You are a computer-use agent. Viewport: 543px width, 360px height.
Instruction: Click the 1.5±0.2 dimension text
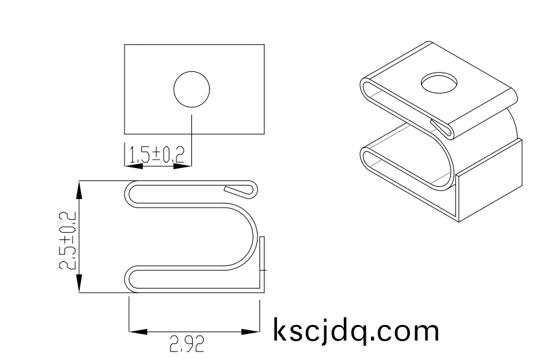point(156,154)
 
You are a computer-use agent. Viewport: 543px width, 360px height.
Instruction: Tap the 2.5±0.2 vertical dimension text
point(67,241)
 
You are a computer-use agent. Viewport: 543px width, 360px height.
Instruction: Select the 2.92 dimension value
point(187,344)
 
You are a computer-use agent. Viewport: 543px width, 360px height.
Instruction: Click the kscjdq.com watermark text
point(356,331)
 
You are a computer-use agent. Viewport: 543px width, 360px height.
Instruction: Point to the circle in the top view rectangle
point(191,71)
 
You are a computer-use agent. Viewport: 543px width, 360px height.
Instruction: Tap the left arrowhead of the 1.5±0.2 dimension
point(134,166)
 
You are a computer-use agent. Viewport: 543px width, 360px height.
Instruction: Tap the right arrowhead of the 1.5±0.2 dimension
point(182,166)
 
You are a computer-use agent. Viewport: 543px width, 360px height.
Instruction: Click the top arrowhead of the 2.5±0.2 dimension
point(79,190)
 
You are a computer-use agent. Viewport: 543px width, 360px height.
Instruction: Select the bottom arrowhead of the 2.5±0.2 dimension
point(79,283)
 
